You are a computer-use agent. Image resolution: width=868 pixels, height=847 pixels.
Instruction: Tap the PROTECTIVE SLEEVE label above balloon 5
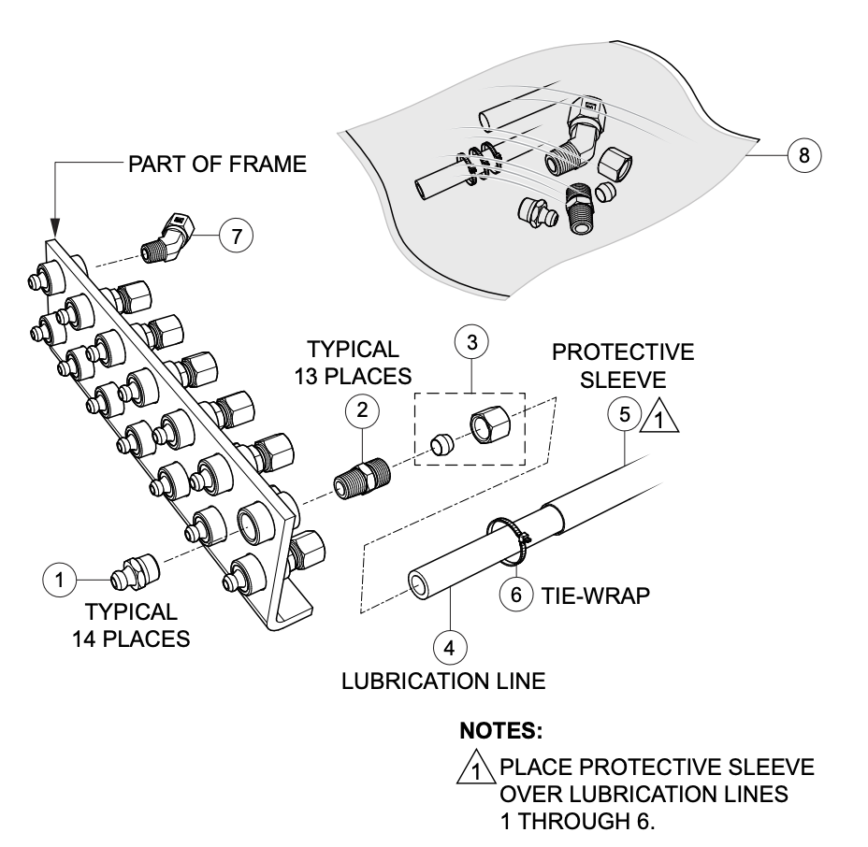(x=623, y=366)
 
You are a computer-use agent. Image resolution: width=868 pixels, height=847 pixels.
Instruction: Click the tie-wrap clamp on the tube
(x=511, y=540)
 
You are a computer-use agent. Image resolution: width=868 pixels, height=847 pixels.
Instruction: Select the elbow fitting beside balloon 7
(x=168, y=237)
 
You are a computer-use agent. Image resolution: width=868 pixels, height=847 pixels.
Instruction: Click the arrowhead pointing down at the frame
(x=54, y=226)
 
